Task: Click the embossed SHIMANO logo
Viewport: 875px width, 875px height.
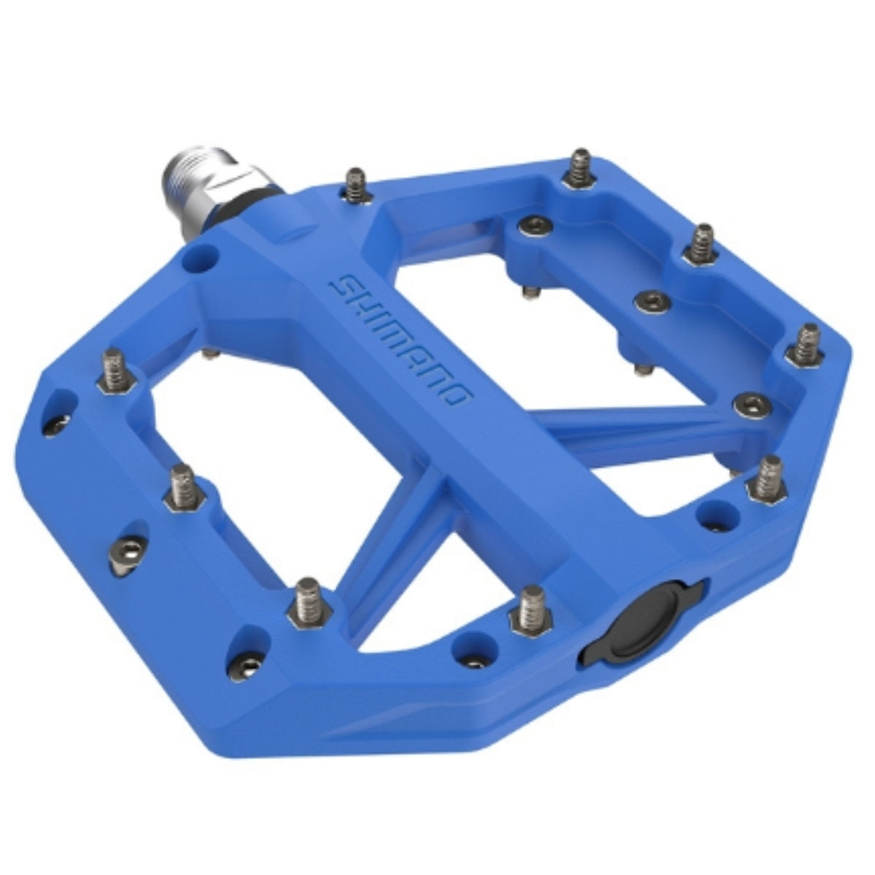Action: click(x=400, y=346)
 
